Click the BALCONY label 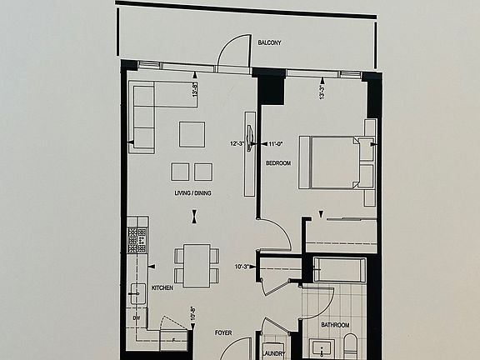coord(269,42)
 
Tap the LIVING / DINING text coord(192,194)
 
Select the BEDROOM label coord(278,163)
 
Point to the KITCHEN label coord(162,288)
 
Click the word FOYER coord(222,332)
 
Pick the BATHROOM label coord(336,325)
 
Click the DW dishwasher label coord(137,317)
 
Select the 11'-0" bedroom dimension coord(275,143)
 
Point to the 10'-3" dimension coord(243,267)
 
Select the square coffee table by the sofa coord(192,134)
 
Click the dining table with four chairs coord(197,265)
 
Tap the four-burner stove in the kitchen coord(137,241)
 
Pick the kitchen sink coord(137,292)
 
